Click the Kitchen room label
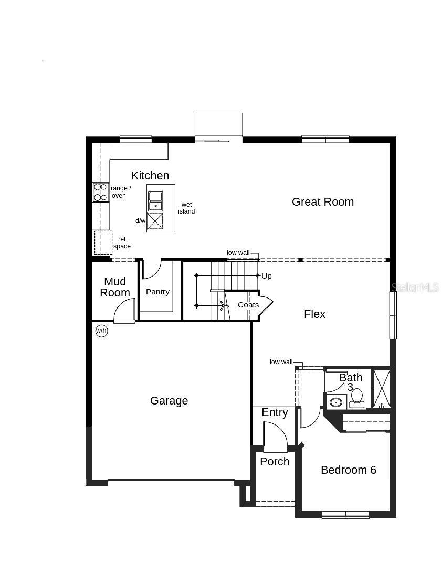click(150, 176)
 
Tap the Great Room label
click(322, 202)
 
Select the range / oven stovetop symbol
click(100, 192)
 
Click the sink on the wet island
click(155, 200)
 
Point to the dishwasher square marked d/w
click(155, 221)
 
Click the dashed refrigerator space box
click(103, 242)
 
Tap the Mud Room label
click(115, 288)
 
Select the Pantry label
click(157, 292)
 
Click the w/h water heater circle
click(101, 331)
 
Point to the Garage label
click(169, 401)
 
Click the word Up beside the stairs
click(267, 276)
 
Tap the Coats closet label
click(248, 305)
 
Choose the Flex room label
click(314, 314)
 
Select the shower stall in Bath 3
click(381, 388)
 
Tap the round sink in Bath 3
click(335, 402)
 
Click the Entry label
click(275, 413)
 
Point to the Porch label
click(275, 462)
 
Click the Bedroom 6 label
click(348, 470)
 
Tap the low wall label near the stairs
click(238, 253)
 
